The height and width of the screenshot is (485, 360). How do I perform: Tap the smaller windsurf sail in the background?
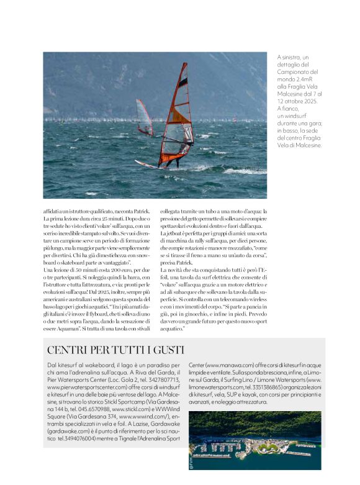coord(144,117)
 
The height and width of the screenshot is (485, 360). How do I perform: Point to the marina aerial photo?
coord(255,440)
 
